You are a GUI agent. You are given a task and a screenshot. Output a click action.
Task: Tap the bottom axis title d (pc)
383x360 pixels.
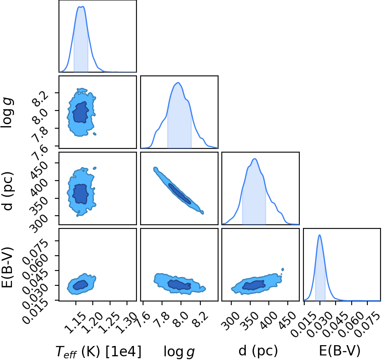click(258, 351)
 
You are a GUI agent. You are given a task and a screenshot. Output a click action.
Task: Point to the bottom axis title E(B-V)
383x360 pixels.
click(340, 351)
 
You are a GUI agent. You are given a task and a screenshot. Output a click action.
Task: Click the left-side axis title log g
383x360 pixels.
click(7, 113)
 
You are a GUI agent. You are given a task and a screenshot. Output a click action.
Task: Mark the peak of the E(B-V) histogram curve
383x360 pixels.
click(320, 235)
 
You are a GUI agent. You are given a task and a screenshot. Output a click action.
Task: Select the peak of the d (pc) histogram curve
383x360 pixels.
click(255, 159)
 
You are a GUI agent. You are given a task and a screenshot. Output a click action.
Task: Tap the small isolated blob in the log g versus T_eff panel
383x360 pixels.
click(94, 134)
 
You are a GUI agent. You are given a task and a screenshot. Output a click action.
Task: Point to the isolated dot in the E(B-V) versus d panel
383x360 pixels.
click(283, 269)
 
